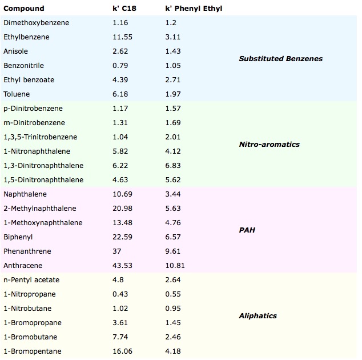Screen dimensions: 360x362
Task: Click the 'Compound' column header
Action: [x=23, y=9]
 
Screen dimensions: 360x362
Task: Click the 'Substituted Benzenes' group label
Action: [x=280, y=58]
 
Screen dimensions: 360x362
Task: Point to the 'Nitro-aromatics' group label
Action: [x=269, y=144]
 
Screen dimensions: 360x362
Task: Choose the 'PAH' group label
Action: [x=247, y=230]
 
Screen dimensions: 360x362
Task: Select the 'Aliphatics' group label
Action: [x=258, y=315]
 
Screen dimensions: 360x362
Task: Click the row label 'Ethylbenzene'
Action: [x=26, y=37]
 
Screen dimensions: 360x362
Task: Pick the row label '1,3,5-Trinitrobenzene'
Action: [x=40, y=137]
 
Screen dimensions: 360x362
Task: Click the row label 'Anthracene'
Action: [x=23, y=266]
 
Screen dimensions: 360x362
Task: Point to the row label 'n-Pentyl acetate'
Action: [x=31, y=280]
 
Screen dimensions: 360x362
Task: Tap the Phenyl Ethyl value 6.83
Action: [x=172, y=166]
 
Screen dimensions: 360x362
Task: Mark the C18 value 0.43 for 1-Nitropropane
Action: [x=120, y=294]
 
